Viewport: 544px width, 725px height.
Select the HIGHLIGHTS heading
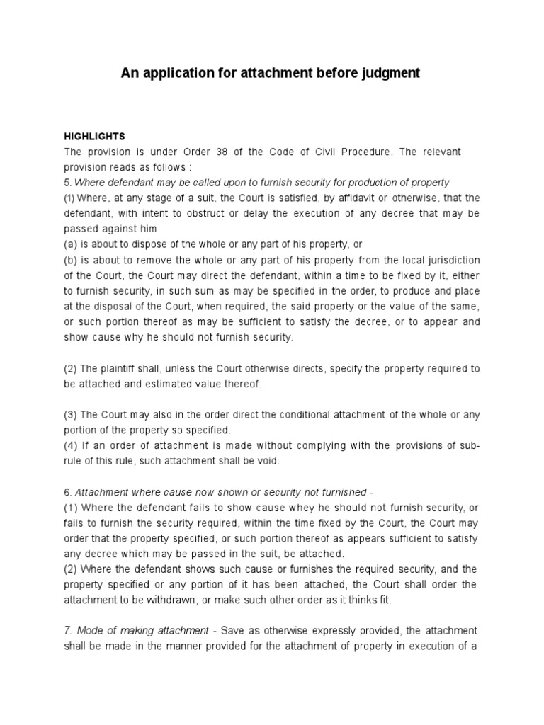point(94,137)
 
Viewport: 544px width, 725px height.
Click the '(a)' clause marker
point(72,244)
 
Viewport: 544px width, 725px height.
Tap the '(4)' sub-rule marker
point(72,445)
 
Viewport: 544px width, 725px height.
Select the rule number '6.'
point(68,492)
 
